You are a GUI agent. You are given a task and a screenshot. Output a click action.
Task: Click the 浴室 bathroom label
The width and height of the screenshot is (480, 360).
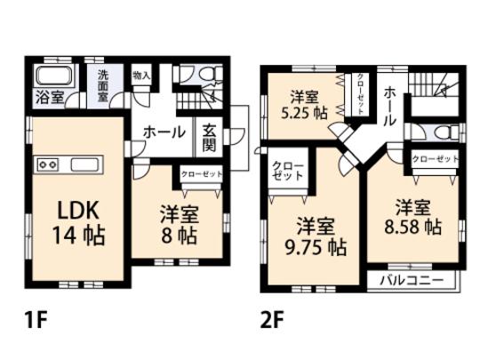tap(49, 96)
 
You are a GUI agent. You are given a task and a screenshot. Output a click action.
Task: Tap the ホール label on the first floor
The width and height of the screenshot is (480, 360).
tap(165, 132)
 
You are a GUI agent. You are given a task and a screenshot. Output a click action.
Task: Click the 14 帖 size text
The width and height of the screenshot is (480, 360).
tap(82, 236)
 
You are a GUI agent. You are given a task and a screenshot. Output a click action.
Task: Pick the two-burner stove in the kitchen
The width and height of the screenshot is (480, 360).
tap(48, 164)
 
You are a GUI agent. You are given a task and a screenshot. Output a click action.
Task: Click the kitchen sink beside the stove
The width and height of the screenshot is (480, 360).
tap(87, 164)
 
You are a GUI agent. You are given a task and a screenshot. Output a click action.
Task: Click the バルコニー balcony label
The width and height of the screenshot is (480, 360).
tap(413, 280)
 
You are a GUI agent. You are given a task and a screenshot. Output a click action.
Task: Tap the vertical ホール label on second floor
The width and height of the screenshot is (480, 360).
tap(389, 106)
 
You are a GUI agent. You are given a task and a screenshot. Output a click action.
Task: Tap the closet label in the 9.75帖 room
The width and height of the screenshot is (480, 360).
tap(285, 171)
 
